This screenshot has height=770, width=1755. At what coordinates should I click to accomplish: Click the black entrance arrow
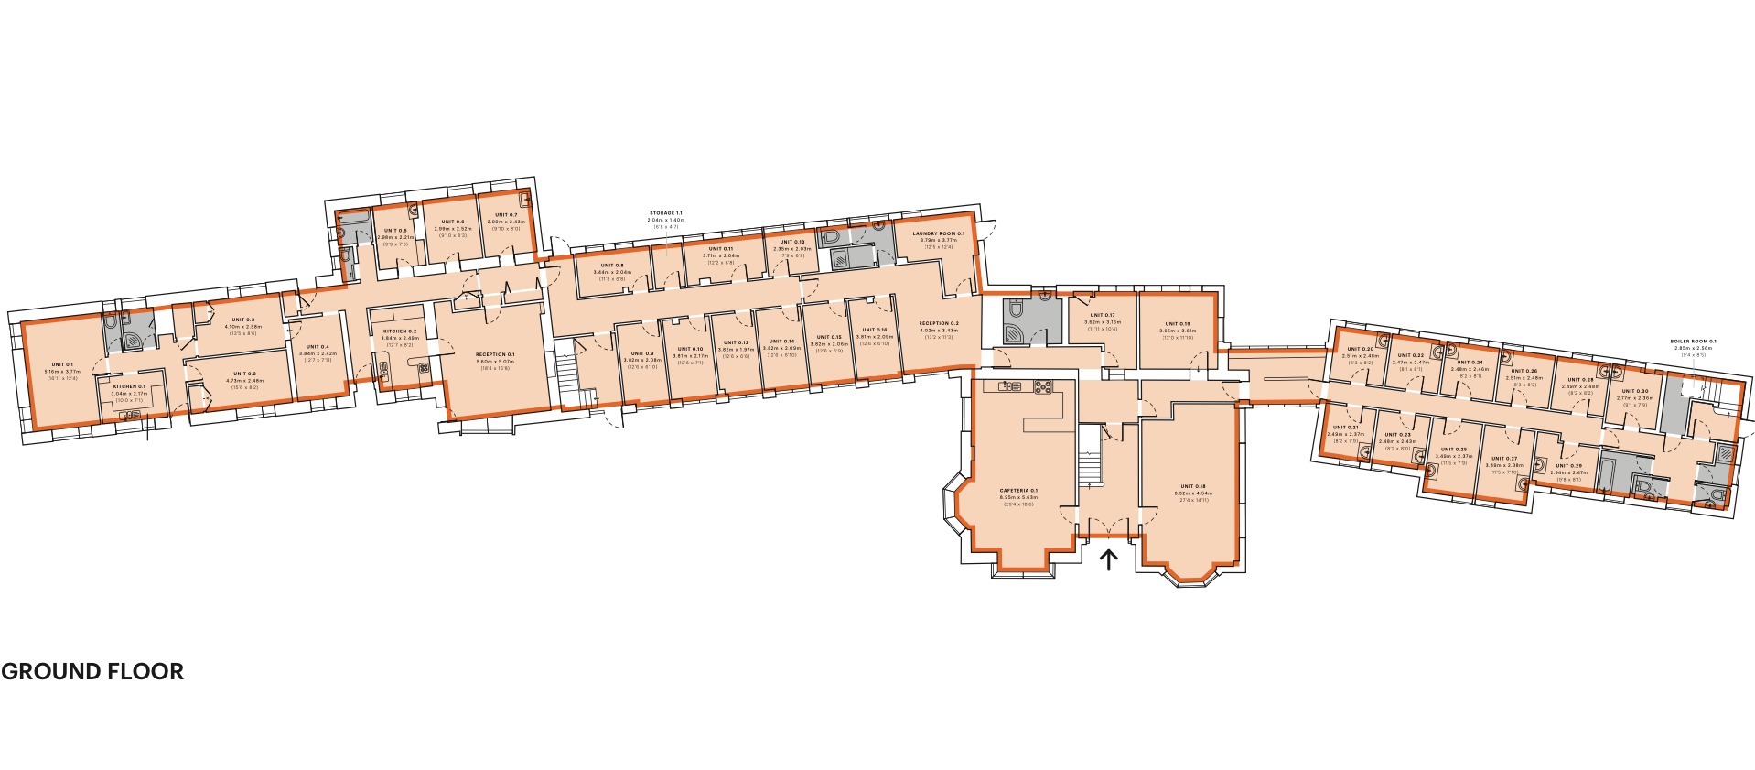click(1108, 559)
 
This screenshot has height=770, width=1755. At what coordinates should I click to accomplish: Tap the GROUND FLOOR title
click(92, 671)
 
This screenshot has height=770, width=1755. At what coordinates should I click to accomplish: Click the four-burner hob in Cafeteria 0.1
click(1042, 387)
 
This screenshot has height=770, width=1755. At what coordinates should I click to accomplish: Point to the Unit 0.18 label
click(1193, 486)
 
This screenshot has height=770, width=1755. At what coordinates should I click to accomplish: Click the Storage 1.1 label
click(665, 212)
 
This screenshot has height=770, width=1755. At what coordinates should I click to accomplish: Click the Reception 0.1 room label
click(495, 354)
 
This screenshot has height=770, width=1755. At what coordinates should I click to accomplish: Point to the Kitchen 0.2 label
click(399, 331)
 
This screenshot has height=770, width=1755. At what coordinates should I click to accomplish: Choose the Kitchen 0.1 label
click(129, 387)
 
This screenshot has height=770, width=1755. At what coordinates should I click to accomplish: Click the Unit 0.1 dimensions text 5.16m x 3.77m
click(62, 371)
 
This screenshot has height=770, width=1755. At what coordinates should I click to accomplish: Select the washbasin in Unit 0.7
click(525, 200)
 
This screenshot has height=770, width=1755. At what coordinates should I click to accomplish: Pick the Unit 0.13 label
click(792, 242)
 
